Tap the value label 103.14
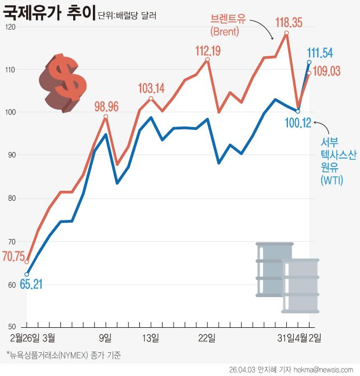click(x=152, y=89)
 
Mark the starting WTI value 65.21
click(x=31, y=284)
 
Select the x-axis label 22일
click(x=207, y=337)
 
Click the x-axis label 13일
click(x=151, y=337)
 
